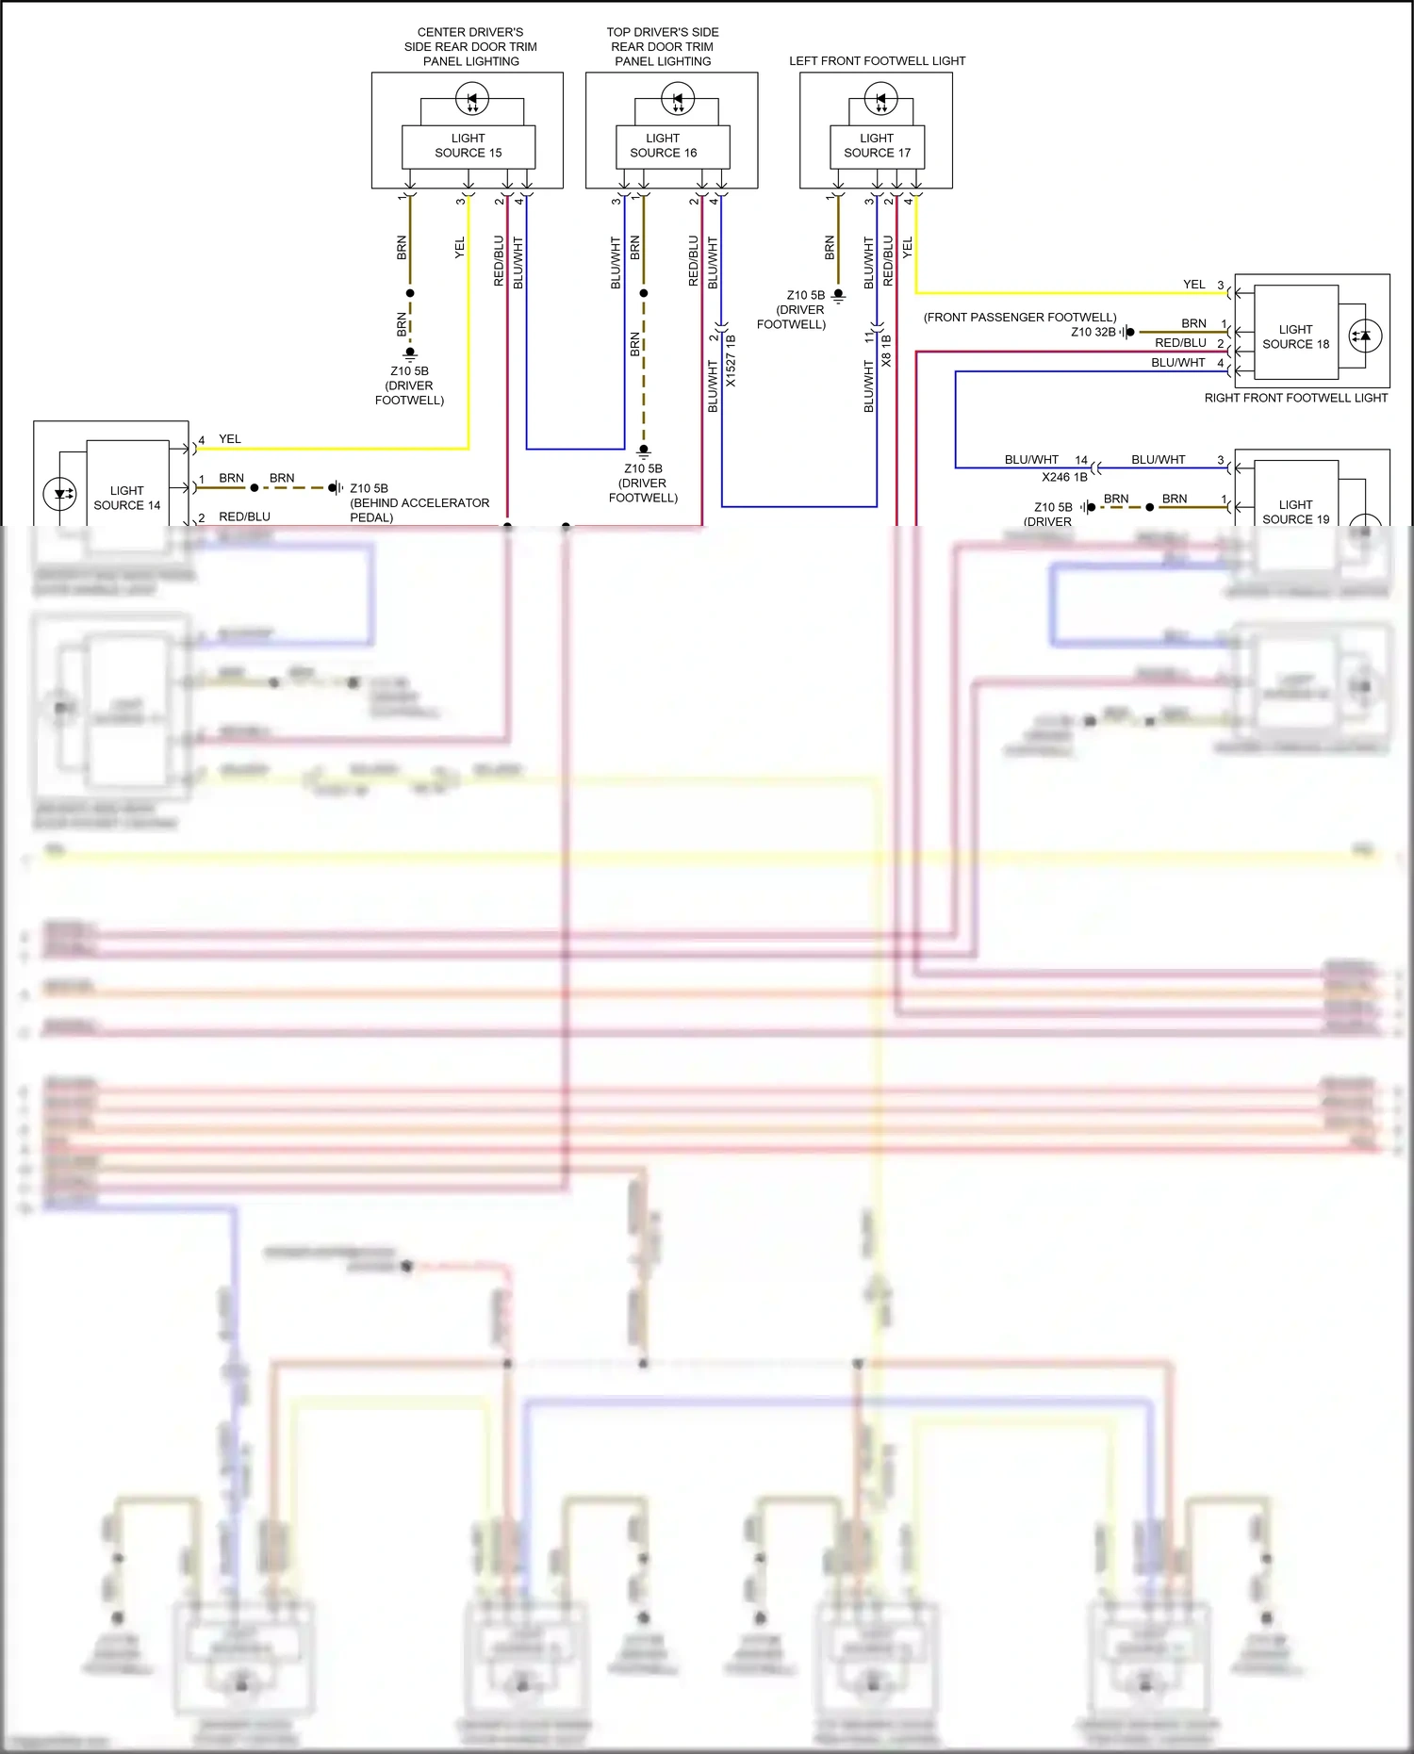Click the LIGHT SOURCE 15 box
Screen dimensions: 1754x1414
469,146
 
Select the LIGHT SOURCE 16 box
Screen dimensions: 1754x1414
663,146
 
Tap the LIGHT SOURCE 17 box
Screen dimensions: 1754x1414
877,146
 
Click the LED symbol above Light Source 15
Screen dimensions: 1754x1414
471,98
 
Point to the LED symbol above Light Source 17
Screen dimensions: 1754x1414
880,98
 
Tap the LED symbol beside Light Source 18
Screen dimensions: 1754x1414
1365,336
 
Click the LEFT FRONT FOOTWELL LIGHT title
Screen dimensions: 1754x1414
877,61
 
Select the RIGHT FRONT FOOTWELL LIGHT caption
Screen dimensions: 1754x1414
1295,399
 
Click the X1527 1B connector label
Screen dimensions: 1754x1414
732,361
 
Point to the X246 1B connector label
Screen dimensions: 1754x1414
1064,478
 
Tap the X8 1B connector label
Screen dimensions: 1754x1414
886,351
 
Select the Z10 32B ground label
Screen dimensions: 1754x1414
1093,333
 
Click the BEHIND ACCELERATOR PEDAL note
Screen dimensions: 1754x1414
419,510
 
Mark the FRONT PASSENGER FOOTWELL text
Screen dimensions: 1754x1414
1020,318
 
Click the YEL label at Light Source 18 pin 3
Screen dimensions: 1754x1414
1193,285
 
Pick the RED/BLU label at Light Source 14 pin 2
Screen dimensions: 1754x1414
244,517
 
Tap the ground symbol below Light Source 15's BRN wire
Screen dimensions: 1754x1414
410,354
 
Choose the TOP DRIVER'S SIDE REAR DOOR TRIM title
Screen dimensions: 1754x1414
663,46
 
